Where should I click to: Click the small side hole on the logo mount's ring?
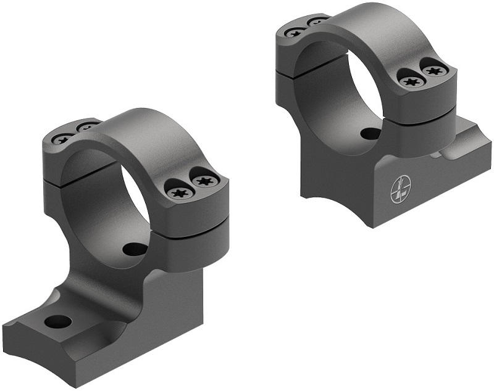[x=368, y=133]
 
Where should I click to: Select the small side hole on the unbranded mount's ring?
[x=132, y=249]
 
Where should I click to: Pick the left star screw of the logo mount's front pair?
[x=409, y=78]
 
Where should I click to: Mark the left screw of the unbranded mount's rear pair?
[x=62, y=138]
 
